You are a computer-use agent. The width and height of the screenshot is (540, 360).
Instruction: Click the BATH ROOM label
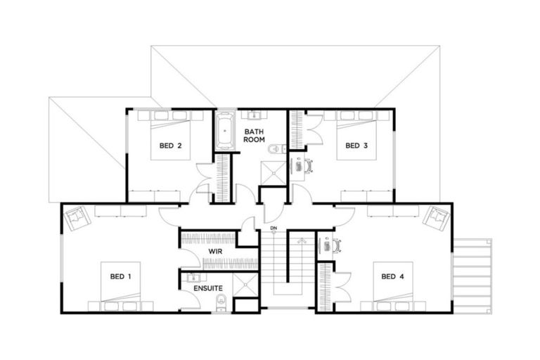(x=254, y=135)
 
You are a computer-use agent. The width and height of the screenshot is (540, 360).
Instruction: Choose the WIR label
(x=215, y=252)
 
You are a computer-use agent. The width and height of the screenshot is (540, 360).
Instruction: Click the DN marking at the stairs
(x=274, y=230)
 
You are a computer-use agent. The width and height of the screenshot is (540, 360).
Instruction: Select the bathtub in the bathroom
(x=225, y=131)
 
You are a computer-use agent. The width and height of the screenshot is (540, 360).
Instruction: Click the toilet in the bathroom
(x=277, y=148)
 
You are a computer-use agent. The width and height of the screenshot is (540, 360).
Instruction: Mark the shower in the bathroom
(x=274, y=172)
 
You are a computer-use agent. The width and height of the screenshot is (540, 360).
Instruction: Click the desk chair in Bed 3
(x=308, y=166)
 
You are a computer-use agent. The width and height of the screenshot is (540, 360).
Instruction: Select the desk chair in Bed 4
(x=336, y=245)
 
